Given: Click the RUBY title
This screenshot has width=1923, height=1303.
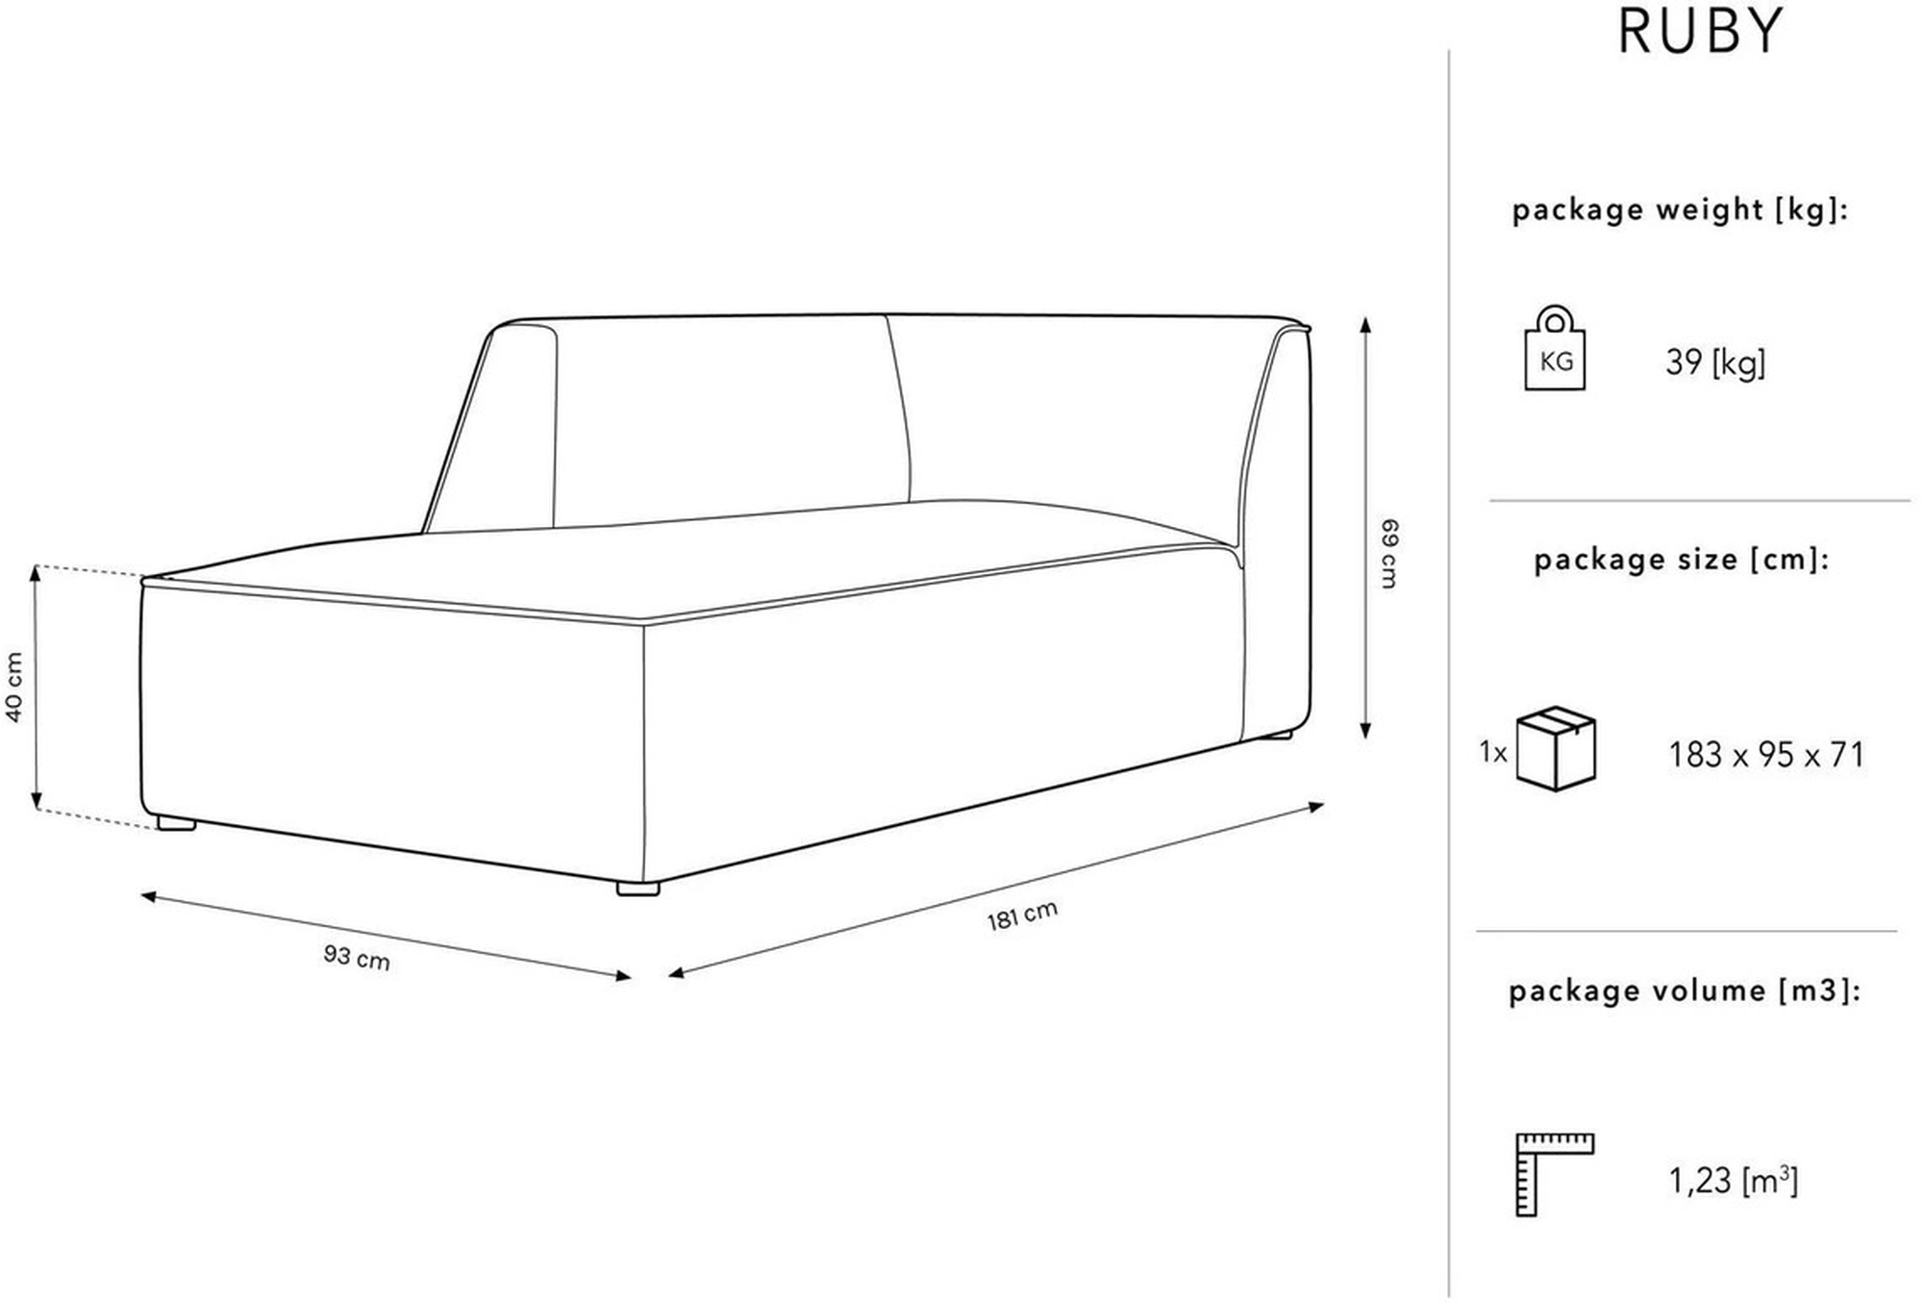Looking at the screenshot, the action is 1700,31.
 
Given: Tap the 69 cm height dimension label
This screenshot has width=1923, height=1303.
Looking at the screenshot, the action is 1389,553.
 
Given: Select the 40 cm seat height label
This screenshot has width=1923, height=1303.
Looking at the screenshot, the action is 14,687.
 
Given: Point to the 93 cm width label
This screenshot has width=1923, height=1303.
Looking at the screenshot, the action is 357,957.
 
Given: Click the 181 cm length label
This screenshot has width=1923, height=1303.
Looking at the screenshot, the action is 1022,915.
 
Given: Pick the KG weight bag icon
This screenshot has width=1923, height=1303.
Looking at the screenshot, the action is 1555,348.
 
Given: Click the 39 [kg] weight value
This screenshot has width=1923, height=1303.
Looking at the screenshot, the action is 1715,363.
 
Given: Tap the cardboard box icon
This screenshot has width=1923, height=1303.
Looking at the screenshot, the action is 1556,749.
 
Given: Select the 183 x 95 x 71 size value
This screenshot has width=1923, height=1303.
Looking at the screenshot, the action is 1766,755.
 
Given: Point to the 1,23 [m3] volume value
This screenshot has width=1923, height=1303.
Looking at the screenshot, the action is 1733,1180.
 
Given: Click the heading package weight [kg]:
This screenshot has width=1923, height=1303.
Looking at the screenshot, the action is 1680,210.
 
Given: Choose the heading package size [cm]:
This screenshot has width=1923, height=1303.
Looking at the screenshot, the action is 1681,560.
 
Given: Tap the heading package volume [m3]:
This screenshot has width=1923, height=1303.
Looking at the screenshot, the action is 1685,990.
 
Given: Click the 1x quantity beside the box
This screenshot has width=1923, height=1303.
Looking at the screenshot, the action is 1493,752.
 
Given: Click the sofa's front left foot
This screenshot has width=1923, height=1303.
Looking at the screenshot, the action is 177,823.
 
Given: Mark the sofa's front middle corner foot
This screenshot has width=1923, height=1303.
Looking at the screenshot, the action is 638,890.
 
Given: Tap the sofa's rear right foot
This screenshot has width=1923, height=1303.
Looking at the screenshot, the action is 1277,736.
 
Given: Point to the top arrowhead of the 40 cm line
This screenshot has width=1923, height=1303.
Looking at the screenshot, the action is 37,573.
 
